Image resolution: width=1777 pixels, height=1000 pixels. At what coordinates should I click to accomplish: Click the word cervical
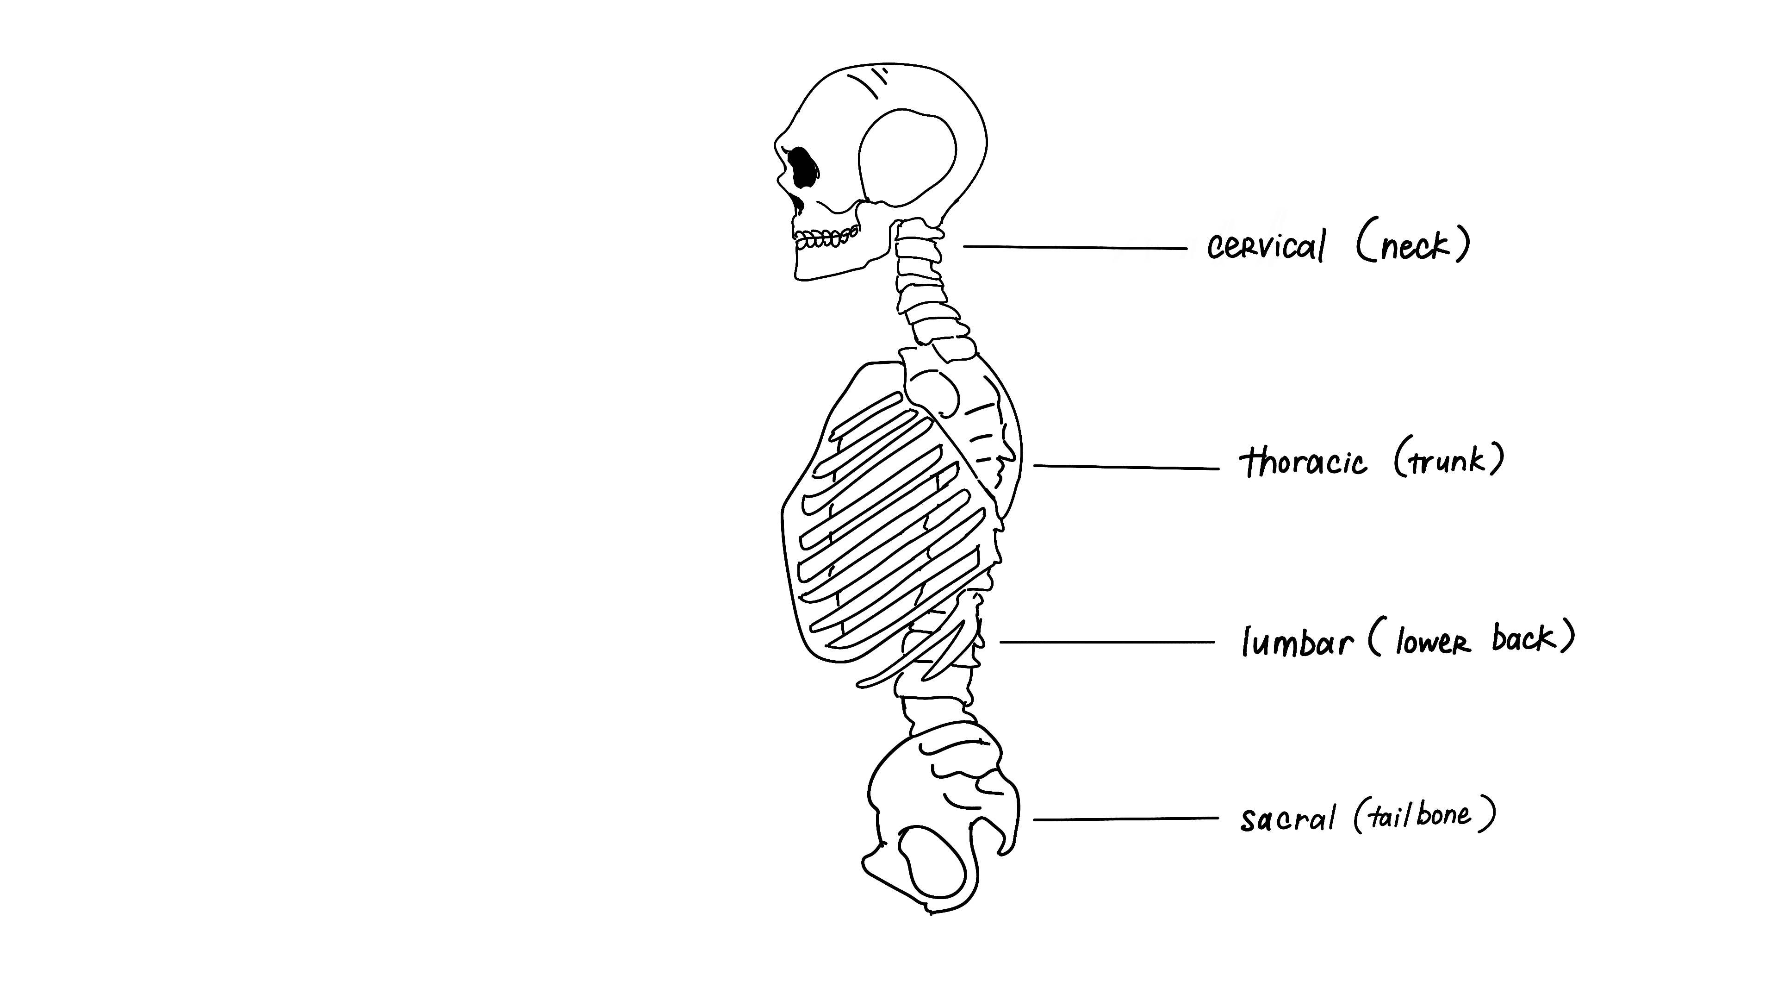pyautogui.click(x=1266, y=246)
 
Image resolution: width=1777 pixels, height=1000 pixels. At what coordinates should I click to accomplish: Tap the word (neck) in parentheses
pyautogui.click(x=1413, y=245)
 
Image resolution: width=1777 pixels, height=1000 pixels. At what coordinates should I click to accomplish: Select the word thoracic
pyautogui.click(x=1303, y=462)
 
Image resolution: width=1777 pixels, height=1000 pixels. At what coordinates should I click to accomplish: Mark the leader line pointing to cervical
pyautogui.click(x=1075, y=247)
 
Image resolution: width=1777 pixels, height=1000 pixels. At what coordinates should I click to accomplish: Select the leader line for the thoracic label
pyautogui.click(x=1126, y=467)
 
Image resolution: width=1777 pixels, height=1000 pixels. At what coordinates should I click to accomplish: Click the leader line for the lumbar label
pyautogui.click(x=1107, y=642)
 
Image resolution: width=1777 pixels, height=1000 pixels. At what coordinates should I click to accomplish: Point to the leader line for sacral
pyautogui.click(x=1126, y=819)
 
